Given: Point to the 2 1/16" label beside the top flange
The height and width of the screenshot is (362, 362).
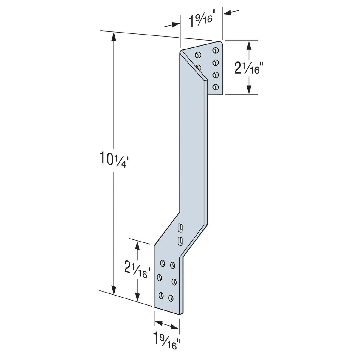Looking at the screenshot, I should click(247, 69).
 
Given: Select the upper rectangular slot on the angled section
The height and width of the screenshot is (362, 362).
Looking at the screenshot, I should click(180, 228).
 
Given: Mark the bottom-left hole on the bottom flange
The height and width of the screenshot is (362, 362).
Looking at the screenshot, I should click(161, 295).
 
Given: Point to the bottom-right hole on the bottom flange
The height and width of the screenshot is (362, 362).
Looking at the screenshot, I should click(171, 298).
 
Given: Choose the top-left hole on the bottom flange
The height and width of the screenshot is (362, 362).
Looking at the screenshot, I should click(163, 263).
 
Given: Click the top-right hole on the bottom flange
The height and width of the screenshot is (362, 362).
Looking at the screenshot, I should click(173, 265).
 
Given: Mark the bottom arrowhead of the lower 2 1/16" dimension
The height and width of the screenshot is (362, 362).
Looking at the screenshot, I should click(137, 297).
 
